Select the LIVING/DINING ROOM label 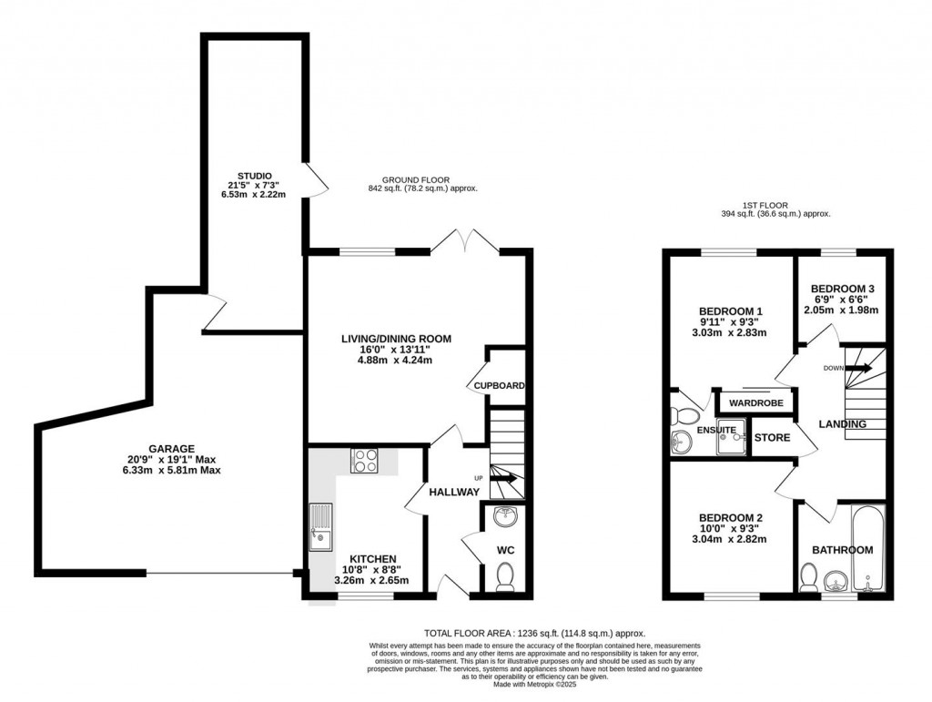tap(396, 340)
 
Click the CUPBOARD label tap(499, 386)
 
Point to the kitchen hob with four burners tap(366, 461)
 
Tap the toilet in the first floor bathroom tap(807, 577)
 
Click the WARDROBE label tap(756, 402)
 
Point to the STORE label tap(772, 438)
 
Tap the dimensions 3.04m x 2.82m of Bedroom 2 tap(728, 539)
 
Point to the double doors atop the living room tap(465, 241)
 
